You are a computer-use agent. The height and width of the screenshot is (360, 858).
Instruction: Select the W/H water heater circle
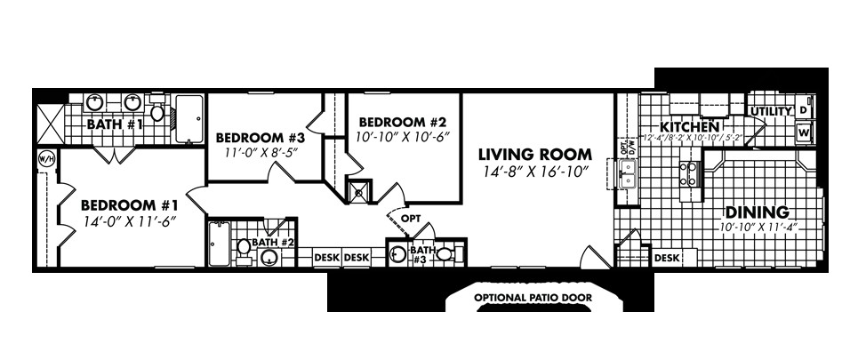pos(45,159)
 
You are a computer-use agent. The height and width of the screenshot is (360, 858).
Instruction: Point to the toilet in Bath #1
pos(157,112)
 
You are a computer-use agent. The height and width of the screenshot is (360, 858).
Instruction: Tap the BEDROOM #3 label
pos(261,138)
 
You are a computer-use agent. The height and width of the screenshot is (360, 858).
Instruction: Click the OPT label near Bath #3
pos(411,216)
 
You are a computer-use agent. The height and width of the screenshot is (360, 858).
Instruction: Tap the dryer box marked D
pos(804,110)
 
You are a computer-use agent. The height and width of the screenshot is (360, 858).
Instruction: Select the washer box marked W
pos(804,132)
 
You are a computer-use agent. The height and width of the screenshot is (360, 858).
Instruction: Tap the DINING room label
pos(757,212)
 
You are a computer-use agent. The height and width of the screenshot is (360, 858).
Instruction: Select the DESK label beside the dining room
pos(667,258)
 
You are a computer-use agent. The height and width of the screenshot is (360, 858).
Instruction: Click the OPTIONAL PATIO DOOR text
pos(533,296)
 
